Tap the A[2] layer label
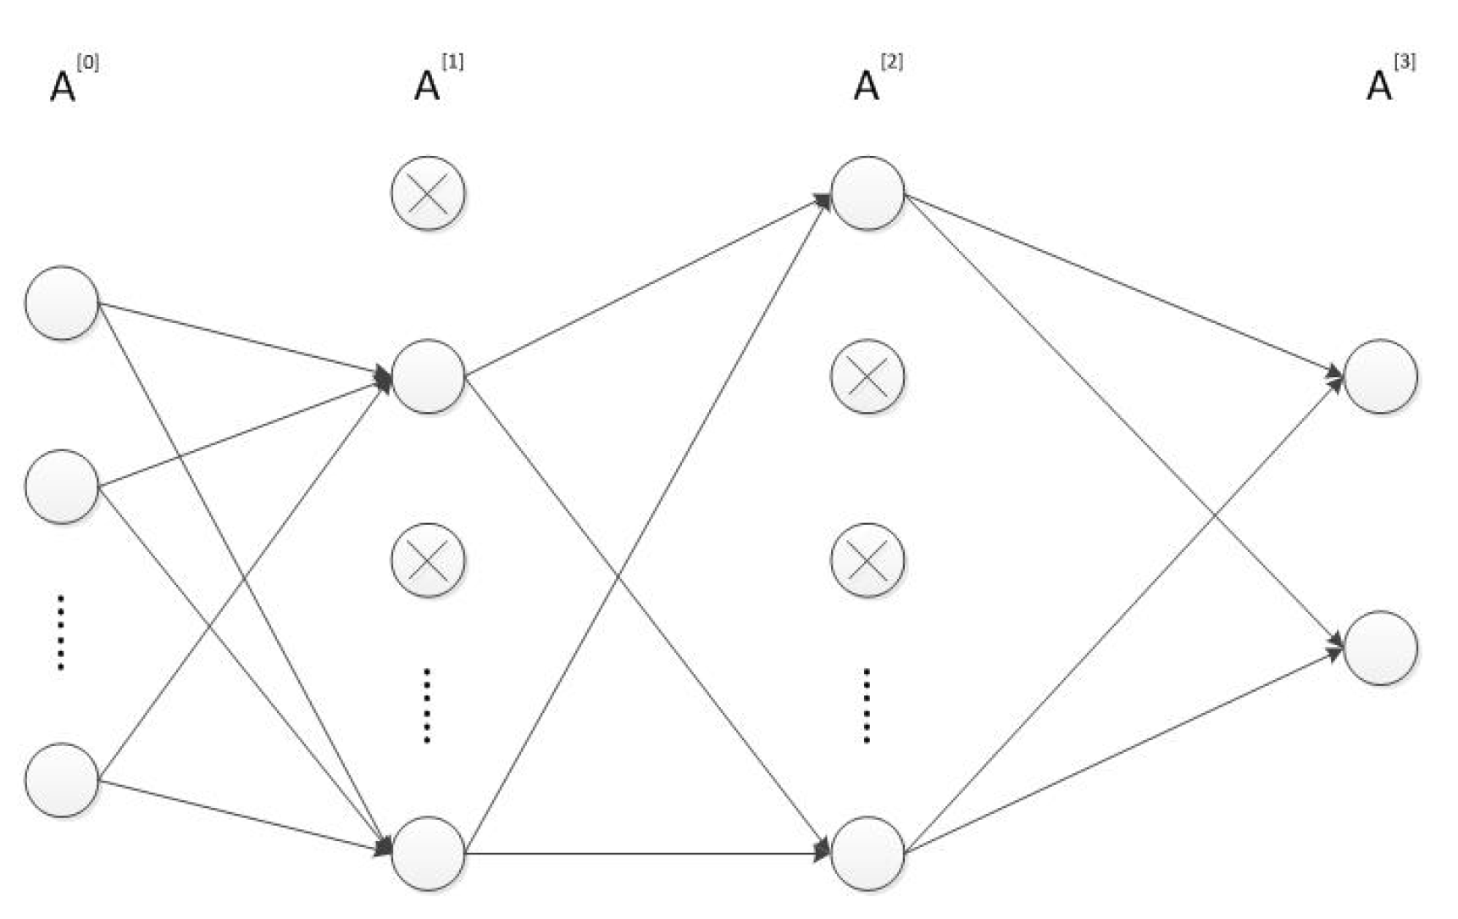pyautogui.click(x=876, y=80)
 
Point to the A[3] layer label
pyautogui.click(x=1389, y=80)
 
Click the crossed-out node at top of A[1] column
pyautogui.click(x=428, y=193)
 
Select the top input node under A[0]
pyautogui.click(x=62, y=304)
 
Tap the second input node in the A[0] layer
pyautogui.click(x=62, y=487)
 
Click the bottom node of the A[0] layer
pyautogui.click(x=62, y=780)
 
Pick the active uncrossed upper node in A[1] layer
pyautogui.click(x=428, y=376)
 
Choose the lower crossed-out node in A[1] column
pyautogui.click(x=428, y=560)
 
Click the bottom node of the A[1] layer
pyautogui.click(x=428, y=854)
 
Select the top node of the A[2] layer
pyautogui.click(x=868, y=193)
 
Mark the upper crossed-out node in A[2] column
pyautogui.click(x=868, y=376)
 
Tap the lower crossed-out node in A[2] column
pyautogui.click(x=868, y=560)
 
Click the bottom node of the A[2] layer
pyautogui.click(x=868, y=854)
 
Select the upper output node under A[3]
pyautogui.click(x=1381, y=376)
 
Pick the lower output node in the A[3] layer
pyautogui.click(x=1381, y=648)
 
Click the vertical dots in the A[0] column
pyautogui.click(x=61, y=632)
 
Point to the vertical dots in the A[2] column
pyautogui.click(x=867, y=706)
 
